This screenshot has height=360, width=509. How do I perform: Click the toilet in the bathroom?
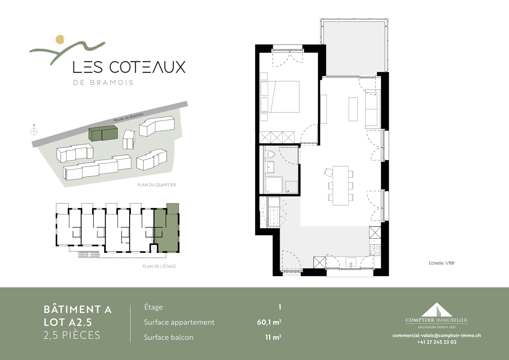(271, 154)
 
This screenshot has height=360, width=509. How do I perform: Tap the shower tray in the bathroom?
(274, 185)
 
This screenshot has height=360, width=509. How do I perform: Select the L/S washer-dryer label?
(288, 191)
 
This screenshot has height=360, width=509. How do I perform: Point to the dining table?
(341, 186)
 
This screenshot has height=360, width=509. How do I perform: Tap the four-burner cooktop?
(375, 250)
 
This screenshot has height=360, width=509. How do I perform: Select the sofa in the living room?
(372, 109)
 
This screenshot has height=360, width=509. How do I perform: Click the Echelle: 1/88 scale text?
(442, 263)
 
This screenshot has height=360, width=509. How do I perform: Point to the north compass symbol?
(34, 131)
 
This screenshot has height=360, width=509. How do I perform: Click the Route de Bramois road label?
(129, 117)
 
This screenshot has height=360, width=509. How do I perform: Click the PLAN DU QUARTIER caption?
(157, 185)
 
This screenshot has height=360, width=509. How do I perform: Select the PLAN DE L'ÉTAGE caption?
(159, 266)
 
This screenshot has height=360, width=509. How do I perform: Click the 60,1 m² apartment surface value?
(269, 322)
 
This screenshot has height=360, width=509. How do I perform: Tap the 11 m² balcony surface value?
(273, 337)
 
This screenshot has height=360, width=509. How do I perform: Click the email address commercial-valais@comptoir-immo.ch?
(437, 335)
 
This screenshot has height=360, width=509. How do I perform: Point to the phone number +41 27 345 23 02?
(437, 342)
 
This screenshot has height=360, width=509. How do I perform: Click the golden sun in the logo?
(60, 39)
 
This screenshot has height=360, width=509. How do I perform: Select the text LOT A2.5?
(68, 322)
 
